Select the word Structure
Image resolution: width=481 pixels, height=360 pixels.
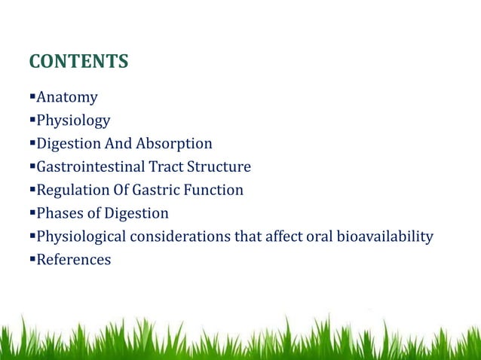coord(219,167)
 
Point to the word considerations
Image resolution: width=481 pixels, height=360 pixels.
coord(185,237)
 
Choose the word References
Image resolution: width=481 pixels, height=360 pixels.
coord(73,261)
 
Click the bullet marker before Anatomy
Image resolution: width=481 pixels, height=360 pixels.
coord(32,97)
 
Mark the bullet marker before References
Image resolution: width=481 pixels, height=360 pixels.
coord(32,261)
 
